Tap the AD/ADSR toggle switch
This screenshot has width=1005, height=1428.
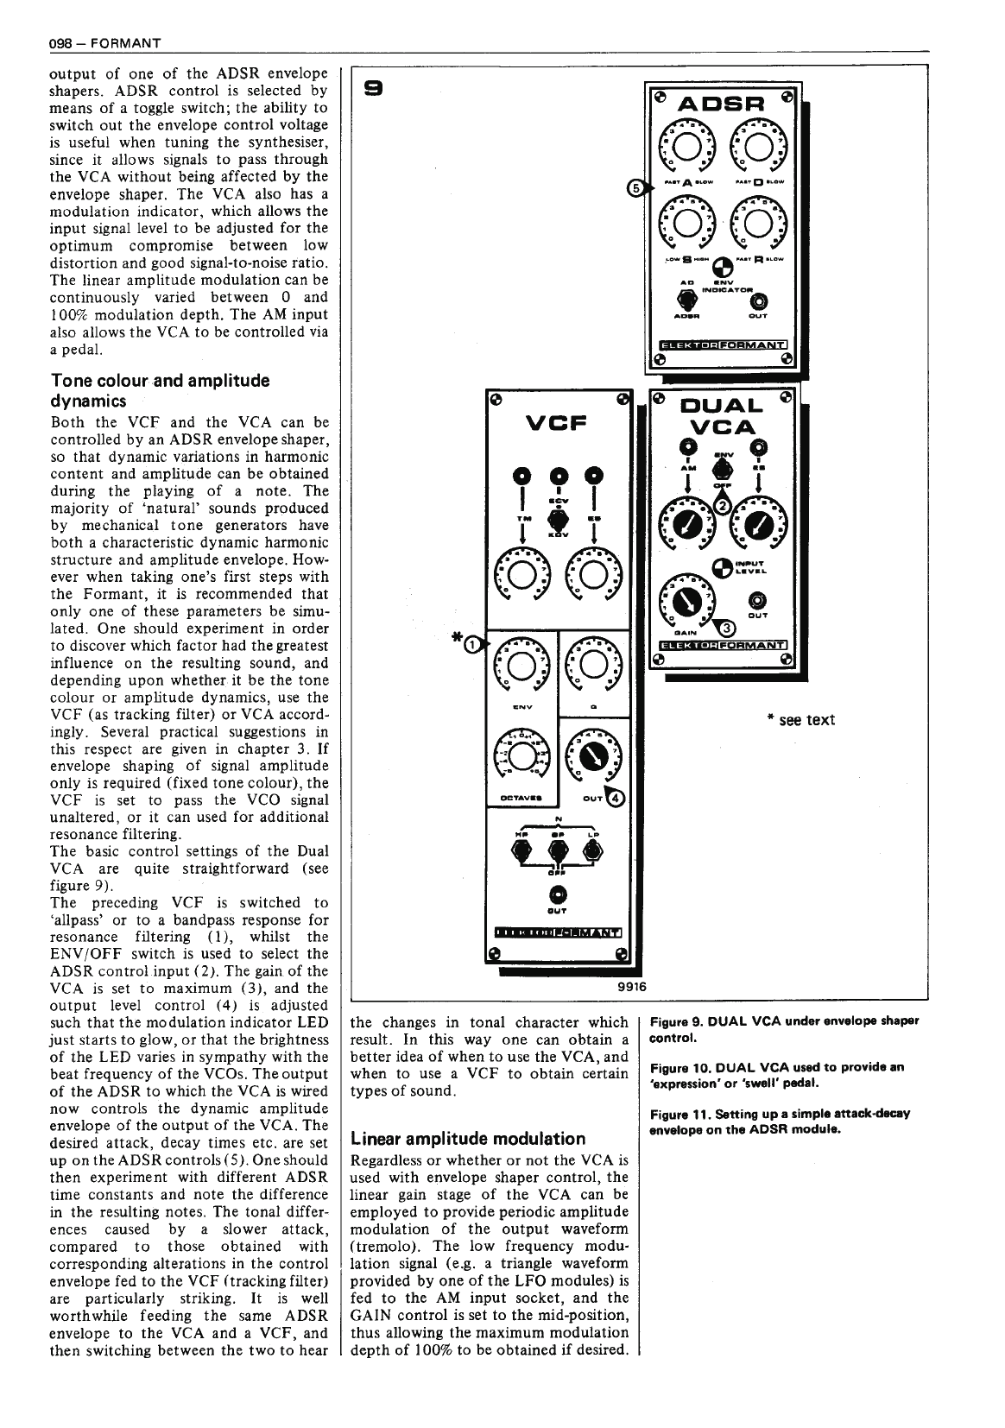[687, 299]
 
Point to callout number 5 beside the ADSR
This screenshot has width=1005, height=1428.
[635, 187]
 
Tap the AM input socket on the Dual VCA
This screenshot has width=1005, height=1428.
[687, 446]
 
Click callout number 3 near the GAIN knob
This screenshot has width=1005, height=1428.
[727, 628]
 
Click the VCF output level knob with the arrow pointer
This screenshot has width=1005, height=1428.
[592, 755]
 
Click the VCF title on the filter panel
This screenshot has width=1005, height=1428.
[556, 423]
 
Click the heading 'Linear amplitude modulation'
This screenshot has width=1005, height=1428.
[467, 1139]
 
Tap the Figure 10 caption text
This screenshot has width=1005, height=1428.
[775, 1074]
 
